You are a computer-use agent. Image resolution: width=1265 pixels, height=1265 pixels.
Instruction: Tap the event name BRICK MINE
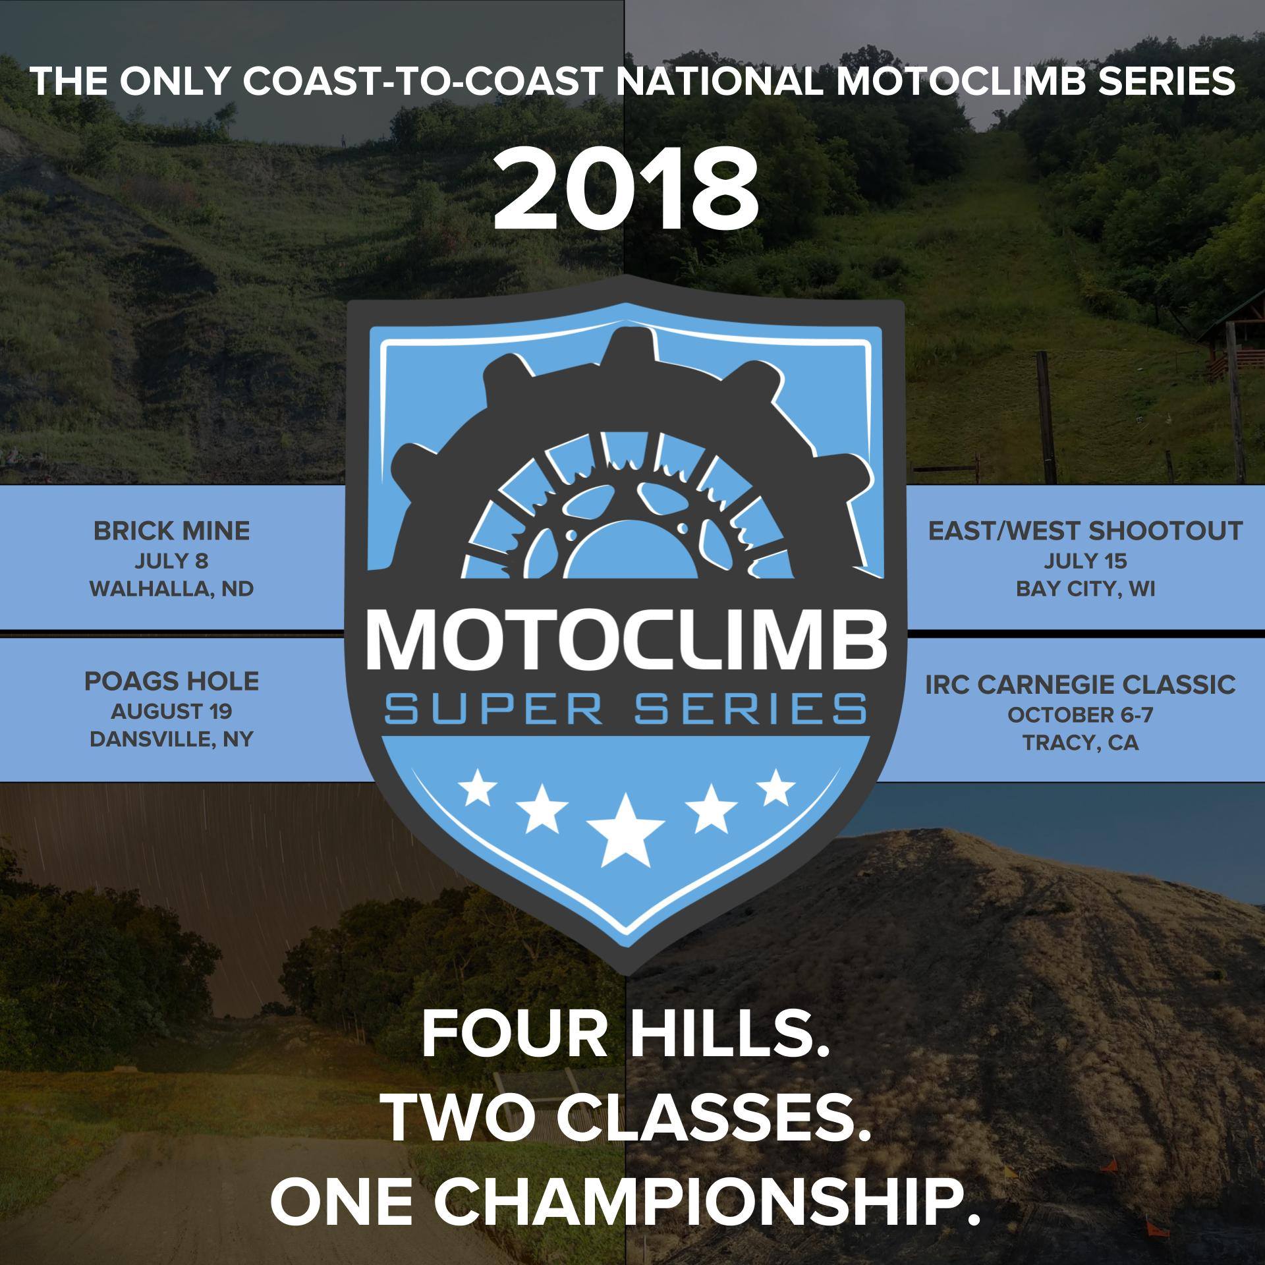pos(171,531)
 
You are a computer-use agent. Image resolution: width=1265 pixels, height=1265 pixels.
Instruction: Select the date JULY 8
pos(171,561)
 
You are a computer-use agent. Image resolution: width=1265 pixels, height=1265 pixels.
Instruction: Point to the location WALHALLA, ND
pos(171,588)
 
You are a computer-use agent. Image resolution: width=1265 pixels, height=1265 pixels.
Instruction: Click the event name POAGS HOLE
pos(171,681)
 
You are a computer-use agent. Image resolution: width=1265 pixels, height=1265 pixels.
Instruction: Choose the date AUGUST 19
pos(171,712)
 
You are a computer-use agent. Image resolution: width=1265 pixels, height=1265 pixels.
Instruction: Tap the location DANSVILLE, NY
pos(171,739)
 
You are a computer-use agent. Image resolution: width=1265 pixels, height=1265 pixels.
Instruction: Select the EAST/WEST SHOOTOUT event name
pos(1085,531)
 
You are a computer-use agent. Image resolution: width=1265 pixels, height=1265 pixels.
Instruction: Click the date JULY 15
pos(1085,561)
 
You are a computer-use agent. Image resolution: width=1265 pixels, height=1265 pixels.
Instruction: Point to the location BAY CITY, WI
pos(1085,588)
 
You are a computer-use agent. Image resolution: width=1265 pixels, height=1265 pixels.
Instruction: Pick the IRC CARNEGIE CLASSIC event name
pos(1081,685)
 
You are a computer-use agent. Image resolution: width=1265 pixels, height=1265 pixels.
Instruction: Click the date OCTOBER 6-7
pos(1081,715)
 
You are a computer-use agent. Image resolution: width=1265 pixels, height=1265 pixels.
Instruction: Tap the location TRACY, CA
pos(1081,743)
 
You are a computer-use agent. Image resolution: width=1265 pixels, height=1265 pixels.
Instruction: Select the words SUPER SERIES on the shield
pos(626,710)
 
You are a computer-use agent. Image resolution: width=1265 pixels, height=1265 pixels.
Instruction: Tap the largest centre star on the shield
pos(625,831)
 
